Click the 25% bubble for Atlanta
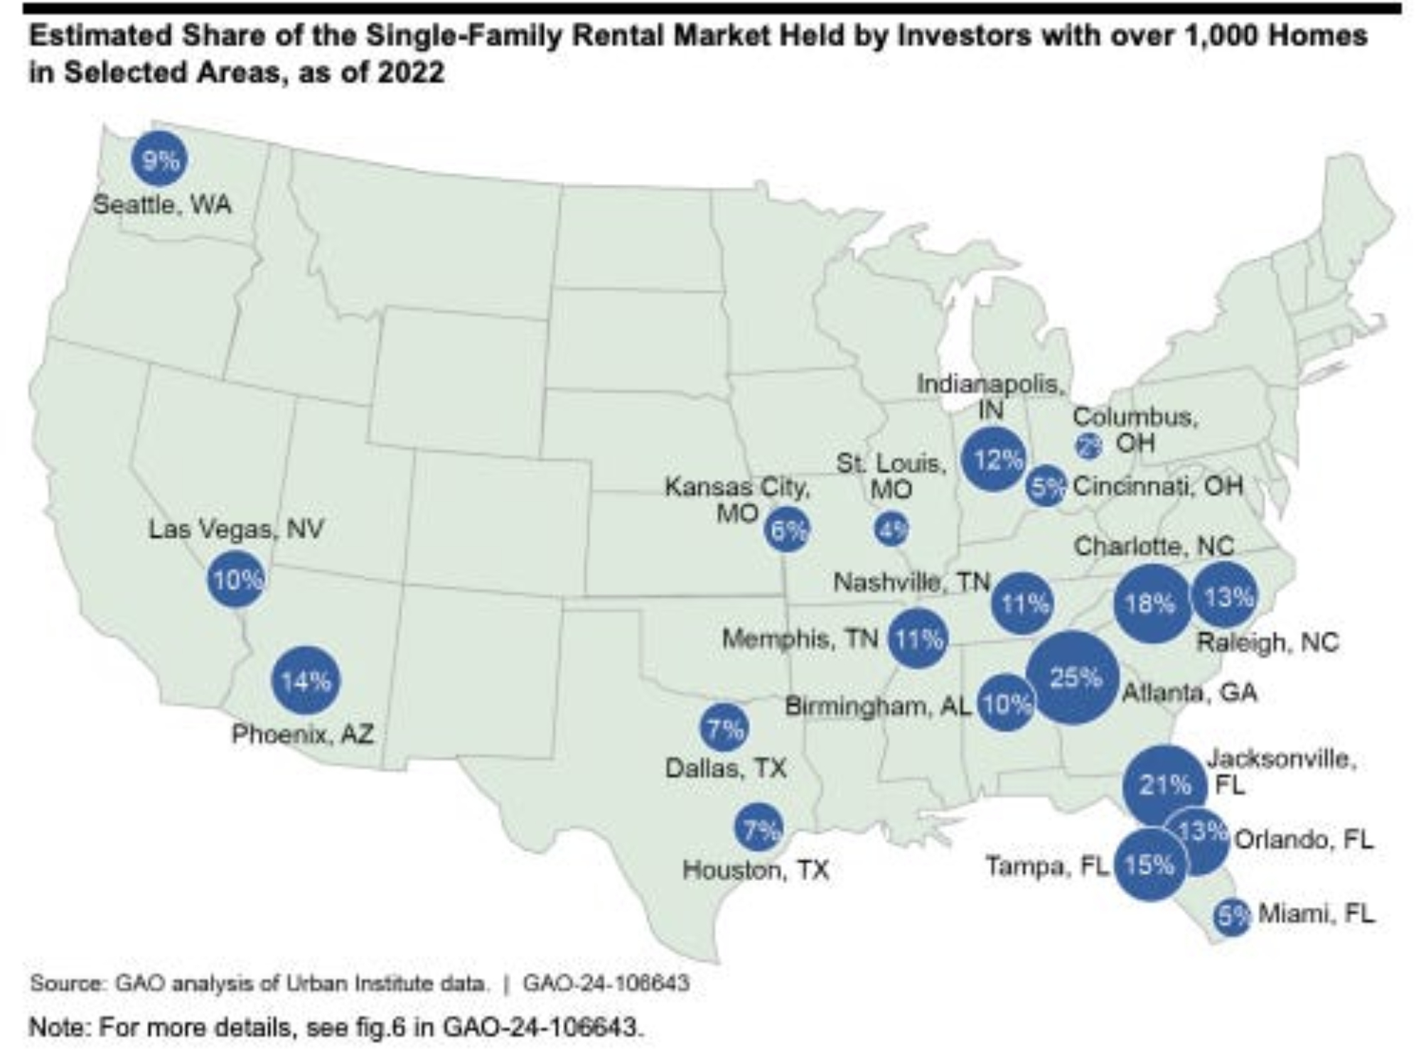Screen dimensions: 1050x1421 [x=1073, y=678]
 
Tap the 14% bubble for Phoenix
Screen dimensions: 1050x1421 [x=306, y=681]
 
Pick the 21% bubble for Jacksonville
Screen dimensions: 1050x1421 [x=1164, y=785]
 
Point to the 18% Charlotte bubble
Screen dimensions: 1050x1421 [x=1151, y=604]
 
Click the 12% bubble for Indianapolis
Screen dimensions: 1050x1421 [x=994, y=460]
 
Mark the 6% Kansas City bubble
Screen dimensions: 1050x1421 [x=787, y=530]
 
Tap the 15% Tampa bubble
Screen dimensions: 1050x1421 [x=1149, y=865]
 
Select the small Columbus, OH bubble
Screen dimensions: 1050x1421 [x=1088, y=445]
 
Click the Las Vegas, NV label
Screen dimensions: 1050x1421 [x=236, y=529]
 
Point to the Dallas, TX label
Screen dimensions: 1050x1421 [x=726, y=769]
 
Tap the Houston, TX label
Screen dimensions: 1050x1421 [x=756, y=870]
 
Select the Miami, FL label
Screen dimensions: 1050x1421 [x=1317, y=914]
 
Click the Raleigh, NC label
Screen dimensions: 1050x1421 [x=1267, y=643]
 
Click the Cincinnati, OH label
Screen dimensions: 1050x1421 [x=1158, y=487]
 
